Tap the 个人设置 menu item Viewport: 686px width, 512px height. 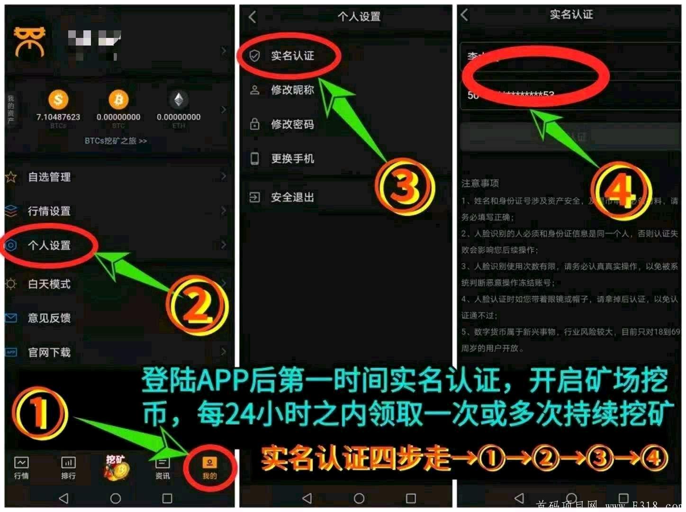49,246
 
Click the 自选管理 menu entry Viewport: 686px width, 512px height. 49,177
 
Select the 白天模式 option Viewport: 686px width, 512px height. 49,284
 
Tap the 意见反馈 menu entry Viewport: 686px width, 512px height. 49,318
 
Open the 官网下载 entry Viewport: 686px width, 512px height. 49,352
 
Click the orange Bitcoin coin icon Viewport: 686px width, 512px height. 118,100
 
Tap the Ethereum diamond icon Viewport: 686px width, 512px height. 179,100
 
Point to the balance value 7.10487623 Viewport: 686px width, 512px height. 58,117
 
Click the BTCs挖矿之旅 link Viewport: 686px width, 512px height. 116,141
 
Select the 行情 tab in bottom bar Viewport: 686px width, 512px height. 21,467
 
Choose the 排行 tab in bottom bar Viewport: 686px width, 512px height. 68,467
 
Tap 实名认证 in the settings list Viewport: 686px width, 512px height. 292,56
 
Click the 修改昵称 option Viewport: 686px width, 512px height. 292,90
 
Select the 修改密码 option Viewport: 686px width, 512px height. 292,124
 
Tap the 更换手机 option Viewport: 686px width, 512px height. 292,159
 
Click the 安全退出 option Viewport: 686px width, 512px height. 292,197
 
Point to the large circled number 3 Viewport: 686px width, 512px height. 405,186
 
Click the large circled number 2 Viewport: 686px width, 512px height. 197,305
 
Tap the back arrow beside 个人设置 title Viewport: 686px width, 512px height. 253,17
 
